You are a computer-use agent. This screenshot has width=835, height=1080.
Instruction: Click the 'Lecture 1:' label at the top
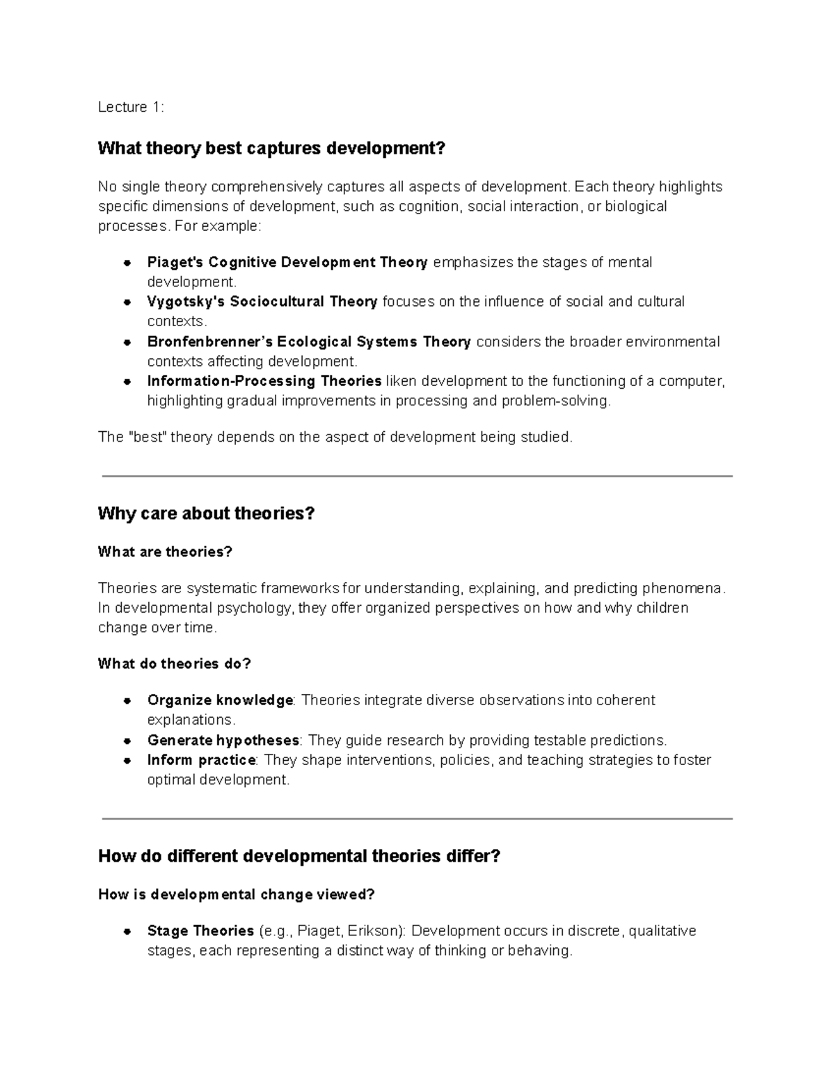click(x=131, y=107)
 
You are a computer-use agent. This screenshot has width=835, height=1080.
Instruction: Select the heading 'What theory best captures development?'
click(x=271, y=148)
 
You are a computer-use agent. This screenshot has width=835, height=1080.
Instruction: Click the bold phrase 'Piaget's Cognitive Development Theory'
click(x=287, y=262)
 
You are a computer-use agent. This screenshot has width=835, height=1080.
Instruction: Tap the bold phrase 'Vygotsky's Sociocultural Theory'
click(x=262, y=302)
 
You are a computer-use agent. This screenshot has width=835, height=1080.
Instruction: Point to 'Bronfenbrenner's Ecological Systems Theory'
click(x=309, y=341)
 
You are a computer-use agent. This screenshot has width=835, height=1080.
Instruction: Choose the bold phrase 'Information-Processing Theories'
click(x=264, y=381)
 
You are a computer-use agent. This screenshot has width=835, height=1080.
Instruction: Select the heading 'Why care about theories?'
click(x=206, y=514)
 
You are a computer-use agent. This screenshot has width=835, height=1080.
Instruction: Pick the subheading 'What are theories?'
click(x=165, y=552)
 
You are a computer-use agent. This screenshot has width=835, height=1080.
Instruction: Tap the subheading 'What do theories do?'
click(x=174, y=664)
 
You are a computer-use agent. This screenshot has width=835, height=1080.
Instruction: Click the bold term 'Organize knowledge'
click(x=220, y=700)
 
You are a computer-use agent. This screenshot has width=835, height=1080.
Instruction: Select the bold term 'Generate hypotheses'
click(x=223, y=740)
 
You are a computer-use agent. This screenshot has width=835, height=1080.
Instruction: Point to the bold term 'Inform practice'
click(x=202, y=760)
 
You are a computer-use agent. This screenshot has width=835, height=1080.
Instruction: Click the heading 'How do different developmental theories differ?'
click(x=299, y=856)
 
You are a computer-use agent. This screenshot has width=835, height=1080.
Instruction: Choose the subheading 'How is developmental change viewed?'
click(x=236, y=894)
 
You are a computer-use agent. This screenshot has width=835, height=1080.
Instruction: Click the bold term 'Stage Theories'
click(x=200, y=931)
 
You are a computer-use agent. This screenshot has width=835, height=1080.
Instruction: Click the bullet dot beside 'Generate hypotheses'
click(x=127, y=741)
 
